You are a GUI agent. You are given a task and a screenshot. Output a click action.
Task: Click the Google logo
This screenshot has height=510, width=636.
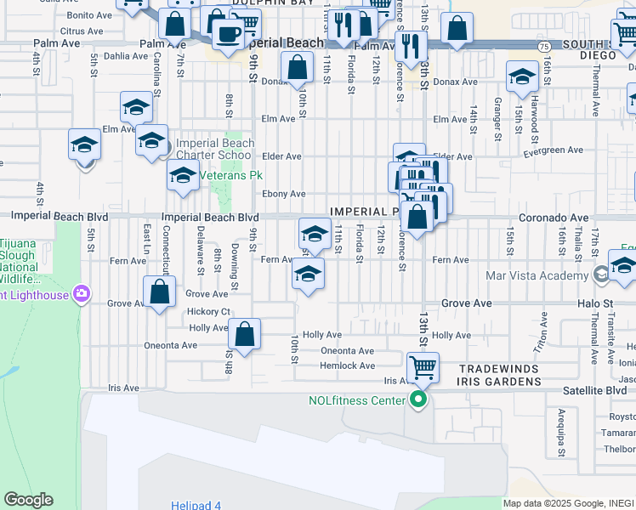tap(28, 500)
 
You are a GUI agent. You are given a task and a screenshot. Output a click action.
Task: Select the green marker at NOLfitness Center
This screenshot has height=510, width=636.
tap(417, 399)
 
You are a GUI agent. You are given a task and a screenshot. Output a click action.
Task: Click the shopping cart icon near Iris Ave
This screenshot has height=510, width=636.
tap(423, 367)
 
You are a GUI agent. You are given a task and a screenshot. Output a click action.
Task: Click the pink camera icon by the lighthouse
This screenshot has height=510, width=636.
tap(81, 294)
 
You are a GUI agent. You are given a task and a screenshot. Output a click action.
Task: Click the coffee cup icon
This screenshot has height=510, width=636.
tap(227, 34)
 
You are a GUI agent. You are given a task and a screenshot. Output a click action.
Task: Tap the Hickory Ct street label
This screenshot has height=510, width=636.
tap(209, 311)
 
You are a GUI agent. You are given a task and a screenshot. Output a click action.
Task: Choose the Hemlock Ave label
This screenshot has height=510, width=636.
tap(347, 365)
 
